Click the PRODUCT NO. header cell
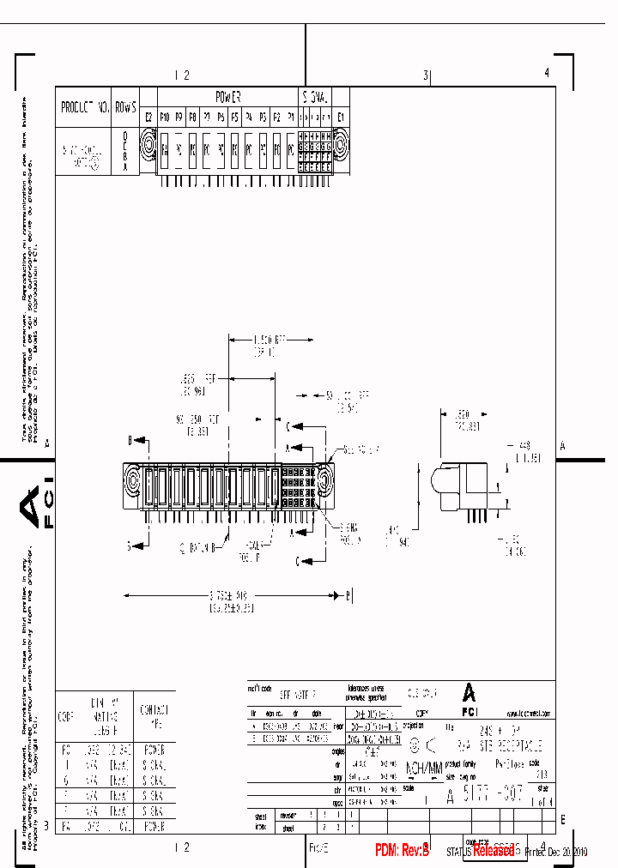click(84, 108)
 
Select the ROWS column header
click(125, 108)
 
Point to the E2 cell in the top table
click(148, 117)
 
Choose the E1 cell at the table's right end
click(341, 117)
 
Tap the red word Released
click(494, 850)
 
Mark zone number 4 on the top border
click(547, 74)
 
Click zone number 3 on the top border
click(425, 75)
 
